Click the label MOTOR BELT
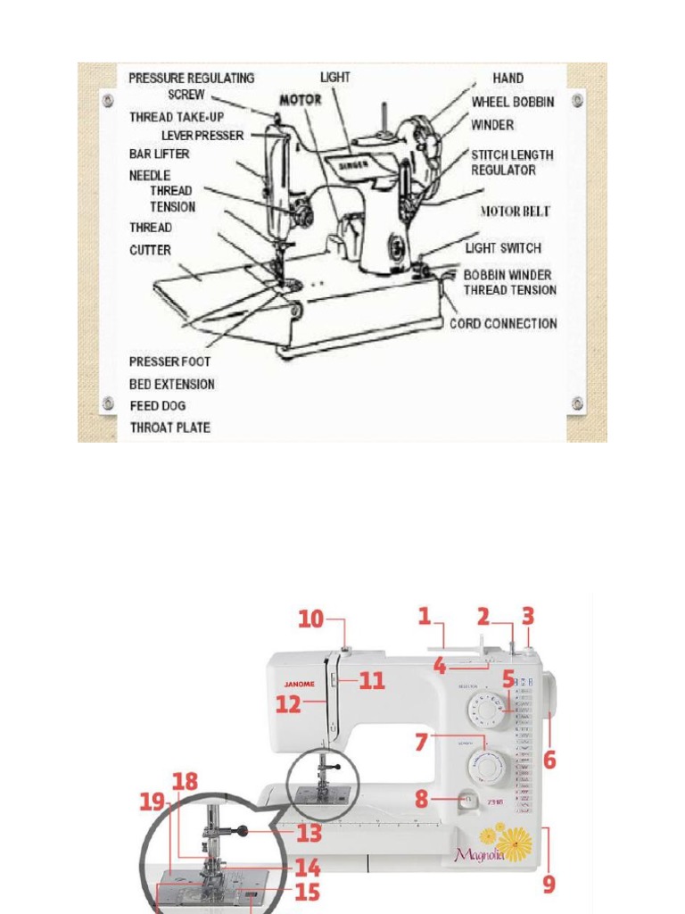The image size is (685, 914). (515, 212)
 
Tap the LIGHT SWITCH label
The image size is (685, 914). (503, 248)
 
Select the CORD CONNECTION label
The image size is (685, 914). (503, 323)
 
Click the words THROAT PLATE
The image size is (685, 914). (170, 428)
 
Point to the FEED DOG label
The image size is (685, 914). (158, 406)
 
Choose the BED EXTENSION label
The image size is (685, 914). (172, 384)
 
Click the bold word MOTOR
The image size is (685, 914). (300, 100)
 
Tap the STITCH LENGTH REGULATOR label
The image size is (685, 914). (512, 162)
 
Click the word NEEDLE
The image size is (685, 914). (149, 176)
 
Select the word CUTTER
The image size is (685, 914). (150, 250)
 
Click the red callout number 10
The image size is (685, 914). (310, 619)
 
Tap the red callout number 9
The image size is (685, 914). (549, 884)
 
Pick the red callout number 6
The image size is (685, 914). (549, 760)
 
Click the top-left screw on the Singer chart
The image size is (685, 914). (108, 98)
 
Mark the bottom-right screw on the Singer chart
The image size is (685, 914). (577, 404)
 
